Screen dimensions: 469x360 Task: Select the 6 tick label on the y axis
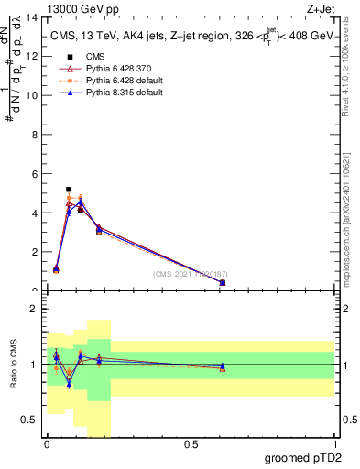[34, 174]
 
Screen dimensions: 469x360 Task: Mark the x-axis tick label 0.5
[191, 444]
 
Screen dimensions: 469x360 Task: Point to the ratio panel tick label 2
[34, 310]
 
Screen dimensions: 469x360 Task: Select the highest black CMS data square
[69, 190]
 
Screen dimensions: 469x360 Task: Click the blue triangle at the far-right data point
[223, 283]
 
